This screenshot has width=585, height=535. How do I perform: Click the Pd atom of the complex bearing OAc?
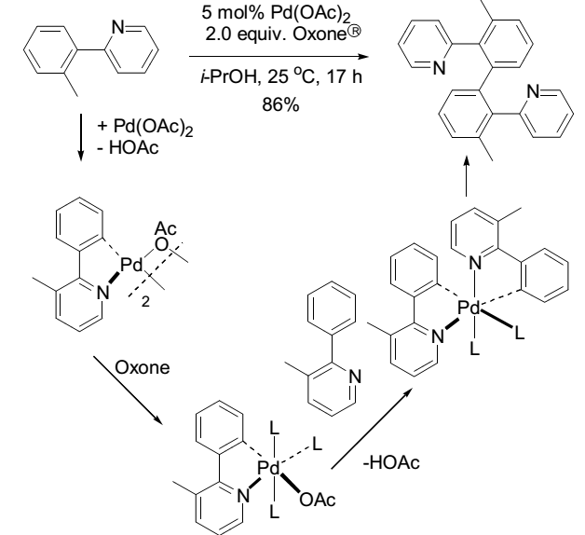268,466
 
